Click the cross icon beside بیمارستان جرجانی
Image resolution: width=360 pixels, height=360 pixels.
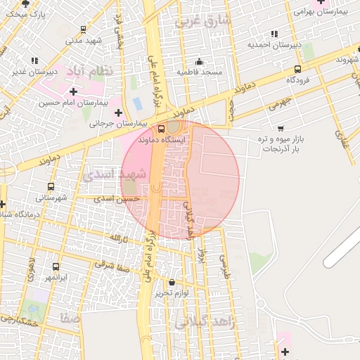(118, 112)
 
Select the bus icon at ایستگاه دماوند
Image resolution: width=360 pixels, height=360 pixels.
(162, 129)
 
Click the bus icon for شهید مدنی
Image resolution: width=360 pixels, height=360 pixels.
(84, 30)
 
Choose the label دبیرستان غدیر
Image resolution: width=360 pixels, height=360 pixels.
(34, 72)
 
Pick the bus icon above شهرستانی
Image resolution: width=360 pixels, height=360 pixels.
(50, 186)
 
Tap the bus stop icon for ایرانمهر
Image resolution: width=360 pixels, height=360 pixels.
(56, 266)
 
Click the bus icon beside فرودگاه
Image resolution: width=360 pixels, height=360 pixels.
(297, 69)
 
